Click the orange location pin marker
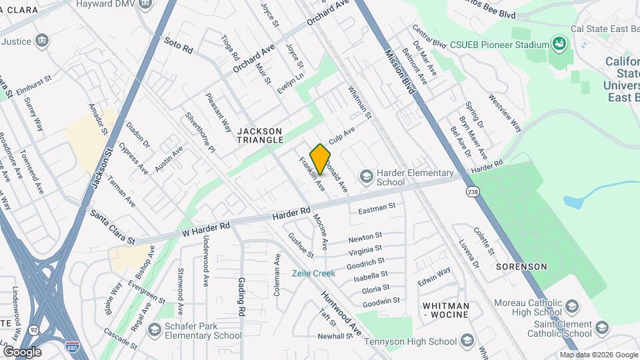pyautogui.click(x=320, y=159)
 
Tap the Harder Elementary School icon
pyautogui.click(x=365, y=177)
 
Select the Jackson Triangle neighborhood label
pyautogui.click(x=260, y=135)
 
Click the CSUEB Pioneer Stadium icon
pyautogui.click(x=559, y=45)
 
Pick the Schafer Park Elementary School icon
pyautogui.click(x=154, y=330)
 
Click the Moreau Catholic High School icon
pyautogui.click(x=571, y=307)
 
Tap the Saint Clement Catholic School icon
pyautogui.click(x=602, y=328)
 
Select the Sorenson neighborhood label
pyautogui.click(x=521, y=267)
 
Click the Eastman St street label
pyautogui.click(x=377, y=209)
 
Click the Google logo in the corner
pyautogui.click(x=22, y=351)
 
